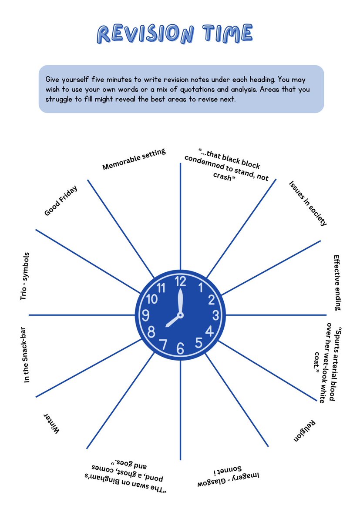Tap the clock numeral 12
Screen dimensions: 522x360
pos(180,281)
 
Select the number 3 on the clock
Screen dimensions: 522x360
pos(215,315)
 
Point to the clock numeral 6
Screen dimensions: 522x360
pos(180,348)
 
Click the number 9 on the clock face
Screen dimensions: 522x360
pos(146,315)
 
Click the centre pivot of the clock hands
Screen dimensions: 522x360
pos(180,315)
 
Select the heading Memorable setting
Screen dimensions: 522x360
pos(134,160)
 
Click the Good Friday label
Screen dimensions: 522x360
pos(61,201)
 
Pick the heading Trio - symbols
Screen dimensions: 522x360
pos(25,276)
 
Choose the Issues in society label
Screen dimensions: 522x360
pos(307,203)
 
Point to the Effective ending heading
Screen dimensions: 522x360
pos(336,282)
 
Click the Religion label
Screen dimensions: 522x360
pos(305,431)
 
